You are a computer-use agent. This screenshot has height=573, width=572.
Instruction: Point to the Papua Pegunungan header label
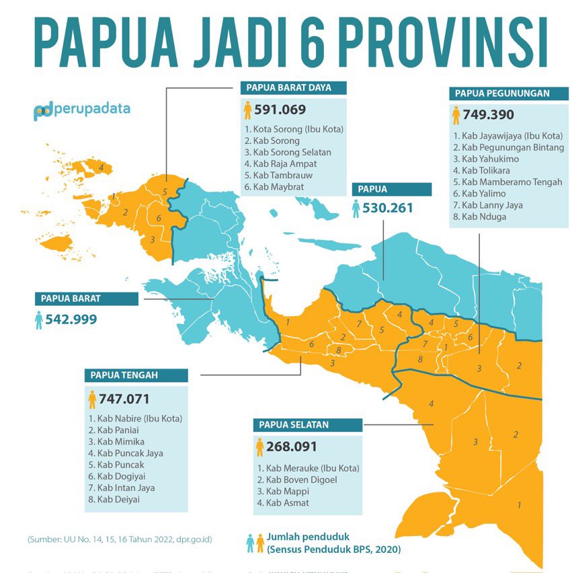[x=502, y=93]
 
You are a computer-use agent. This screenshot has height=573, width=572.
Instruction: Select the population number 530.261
[x=388, y=208]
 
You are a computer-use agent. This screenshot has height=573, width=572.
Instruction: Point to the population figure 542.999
[x=71, y=319]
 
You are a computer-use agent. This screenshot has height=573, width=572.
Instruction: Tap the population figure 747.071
[x=124, y=399]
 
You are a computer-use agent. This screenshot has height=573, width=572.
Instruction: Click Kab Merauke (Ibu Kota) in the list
[x=308, y=468]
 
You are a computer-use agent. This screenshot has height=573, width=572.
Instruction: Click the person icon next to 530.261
[x=356, y=209]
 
